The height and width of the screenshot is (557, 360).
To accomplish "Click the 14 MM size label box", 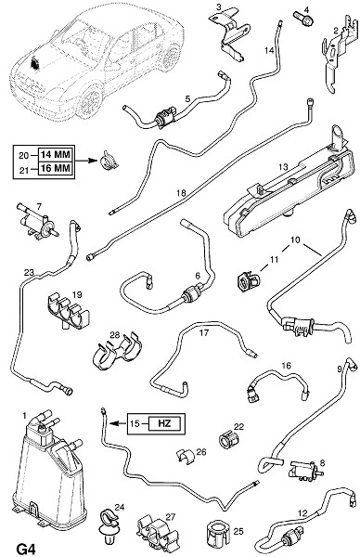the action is (x=56, y=154).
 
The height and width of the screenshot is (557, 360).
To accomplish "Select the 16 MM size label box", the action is (x=56, y=168).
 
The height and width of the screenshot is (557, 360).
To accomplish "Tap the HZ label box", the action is (x=164, y=423).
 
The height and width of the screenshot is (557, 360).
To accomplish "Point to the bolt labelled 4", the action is (x=303, y=18).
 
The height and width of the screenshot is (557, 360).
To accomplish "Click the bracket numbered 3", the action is (x=230, y=33).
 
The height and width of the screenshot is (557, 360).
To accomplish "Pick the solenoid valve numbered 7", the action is (x=37, y=221).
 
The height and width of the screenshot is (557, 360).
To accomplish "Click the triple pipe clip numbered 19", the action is (x=68, y=309).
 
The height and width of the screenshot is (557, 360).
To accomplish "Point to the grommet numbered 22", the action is (x=225, y=439).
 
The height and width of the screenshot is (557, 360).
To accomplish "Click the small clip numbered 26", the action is (x=185, y=456).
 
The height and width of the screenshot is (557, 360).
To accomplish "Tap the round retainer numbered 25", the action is (x=215, y=533).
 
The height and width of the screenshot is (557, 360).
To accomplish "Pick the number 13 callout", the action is (x=283, y=166).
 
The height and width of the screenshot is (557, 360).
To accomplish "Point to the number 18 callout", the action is (x=181, y=193).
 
